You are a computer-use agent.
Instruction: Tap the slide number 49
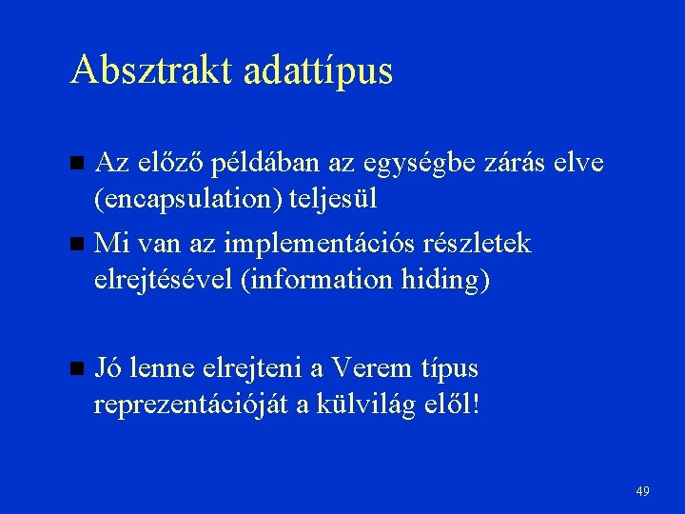tap(642, 491)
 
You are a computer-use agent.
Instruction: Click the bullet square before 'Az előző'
tap(78, 164)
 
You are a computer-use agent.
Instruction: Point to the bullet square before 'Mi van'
tap(78, 245)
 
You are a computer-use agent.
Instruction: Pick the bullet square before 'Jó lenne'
tap(78, 368)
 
